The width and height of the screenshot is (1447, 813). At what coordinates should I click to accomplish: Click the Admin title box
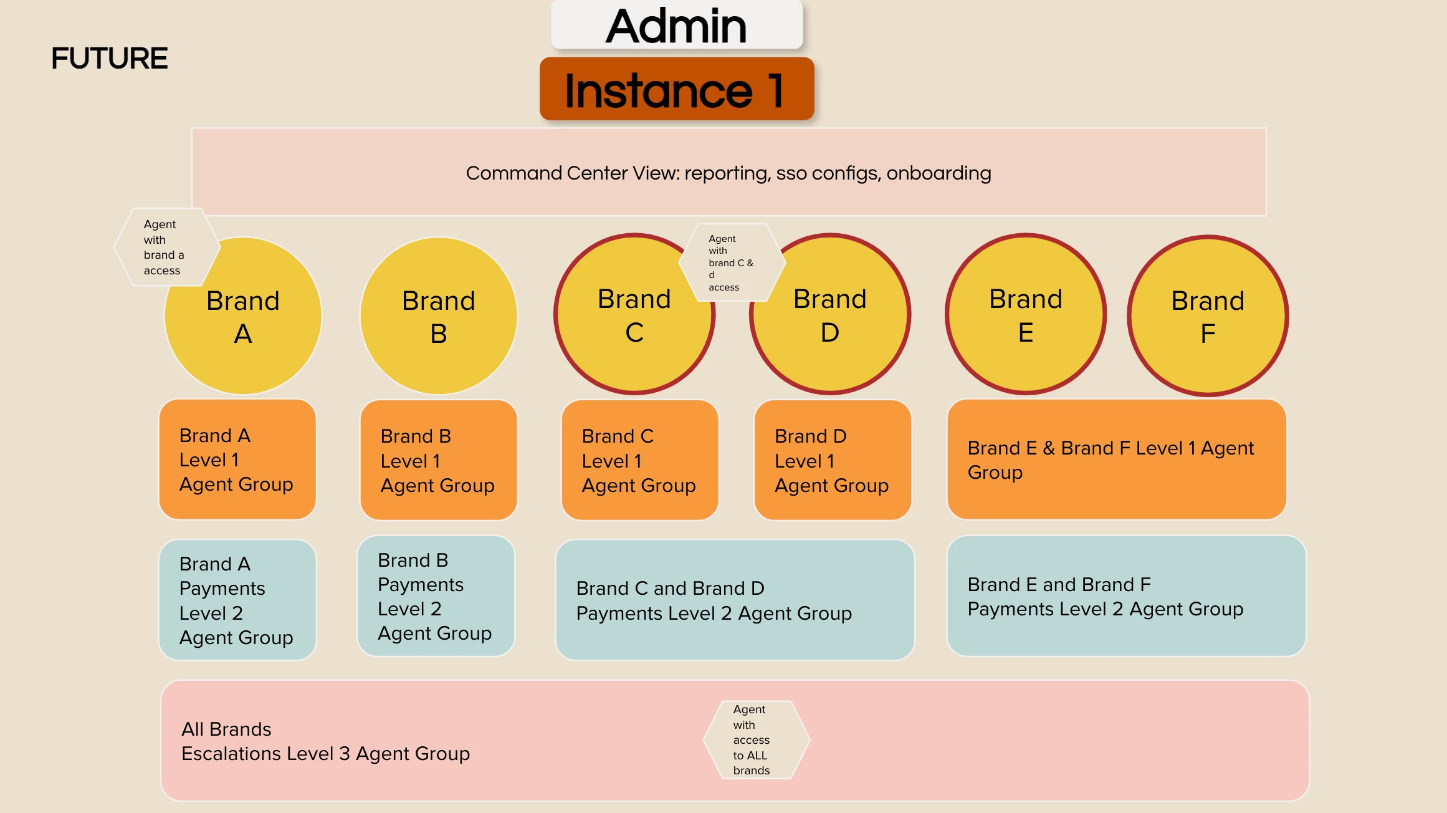click(677, 25)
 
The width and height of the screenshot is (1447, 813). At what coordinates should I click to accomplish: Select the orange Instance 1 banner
click(677, 89)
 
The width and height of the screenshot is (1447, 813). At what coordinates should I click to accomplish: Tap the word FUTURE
click(109, 59)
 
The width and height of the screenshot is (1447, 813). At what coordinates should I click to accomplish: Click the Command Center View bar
click(728, 173)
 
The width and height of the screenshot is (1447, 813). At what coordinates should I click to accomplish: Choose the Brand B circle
click(439, 316)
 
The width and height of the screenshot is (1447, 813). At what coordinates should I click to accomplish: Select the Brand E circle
click(1026, 315)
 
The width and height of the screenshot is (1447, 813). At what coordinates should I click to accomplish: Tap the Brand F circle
click(1208, 316)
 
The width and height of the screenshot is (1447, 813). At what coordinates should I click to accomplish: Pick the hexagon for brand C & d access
click(732, 262)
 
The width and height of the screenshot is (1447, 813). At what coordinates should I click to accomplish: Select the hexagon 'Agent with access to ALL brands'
click(756, 740)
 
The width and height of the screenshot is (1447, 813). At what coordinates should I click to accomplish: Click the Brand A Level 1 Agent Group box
click(237, 459)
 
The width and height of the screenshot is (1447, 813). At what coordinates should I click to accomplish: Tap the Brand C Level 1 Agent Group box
click(639, 460)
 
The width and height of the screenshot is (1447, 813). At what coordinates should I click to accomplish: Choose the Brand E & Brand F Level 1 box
click(1116, 459)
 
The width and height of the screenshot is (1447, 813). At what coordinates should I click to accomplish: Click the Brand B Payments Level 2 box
click(436, 596)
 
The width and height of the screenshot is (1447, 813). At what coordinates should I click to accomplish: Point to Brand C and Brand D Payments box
click(735, 600)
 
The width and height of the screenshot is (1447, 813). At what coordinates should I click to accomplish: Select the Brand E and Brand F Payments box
click(1125, 596)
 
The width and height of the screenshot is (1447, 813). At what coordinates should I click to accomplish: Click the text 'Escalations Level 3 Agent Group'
click(325, 754)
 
